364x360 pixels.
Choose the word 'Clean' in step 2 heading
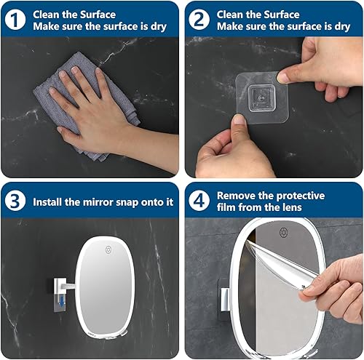(x=233, y=13)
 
